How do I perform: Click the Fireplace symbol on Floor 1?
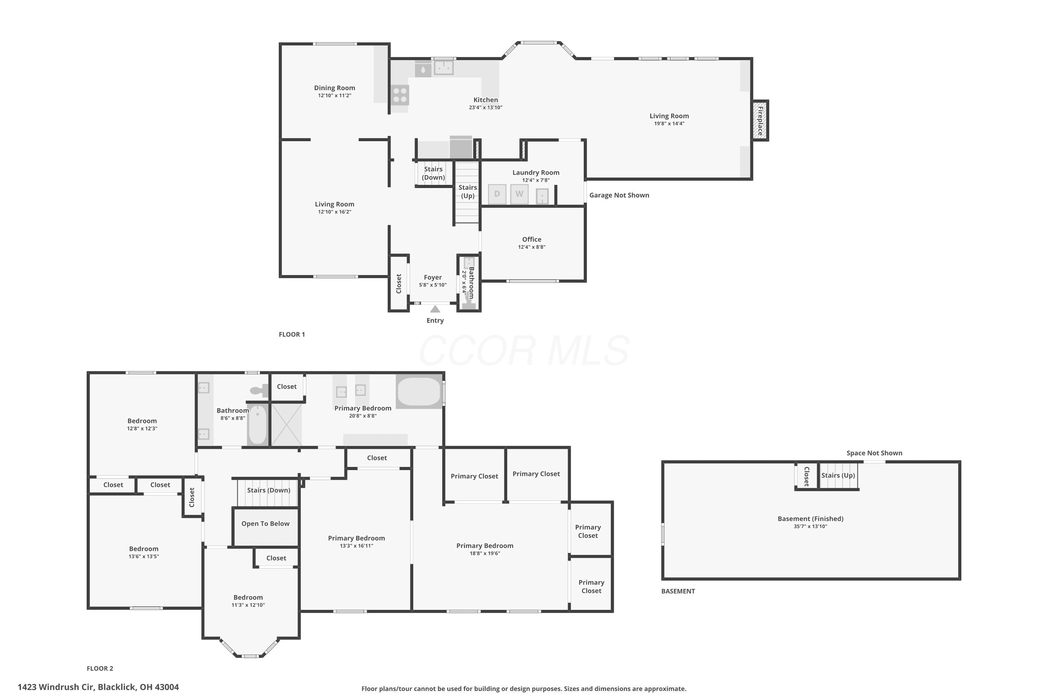click(x=760, y=120)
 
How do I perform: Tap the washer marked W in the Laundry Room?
click(x=519, y=194)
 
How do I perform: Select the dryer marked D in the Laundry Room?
click(x=497, y=194)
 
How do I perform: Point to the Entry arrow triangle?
click(x=435, y=309)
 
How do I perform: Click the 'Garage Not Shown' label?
click(x=619, y=195)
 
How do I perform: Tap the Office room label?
click(x=532, y=239)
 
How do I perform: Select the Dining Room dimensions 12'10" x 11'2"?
click(x=335, y=95)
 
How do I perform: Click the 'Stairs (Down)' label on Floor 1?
click(x=433, y=173)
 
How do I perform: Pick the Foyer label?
click(x=433, y=277)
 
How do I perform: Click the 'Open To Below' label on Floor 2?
click(x=265, y=524)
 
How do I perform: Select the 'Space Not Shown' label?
click(x=874, y=453)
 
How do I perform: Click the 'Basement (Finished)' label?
click(x=810, y=519)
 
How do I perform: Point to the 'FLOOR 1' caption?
click(x=292, y=334)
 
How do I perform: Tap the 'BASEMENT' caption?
click(x=678, y=591)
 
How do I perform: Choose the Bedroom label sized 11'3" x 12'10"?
click(x=248, y=597)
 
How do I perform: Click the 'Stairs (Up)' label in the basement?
click(x=838, y=475)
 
